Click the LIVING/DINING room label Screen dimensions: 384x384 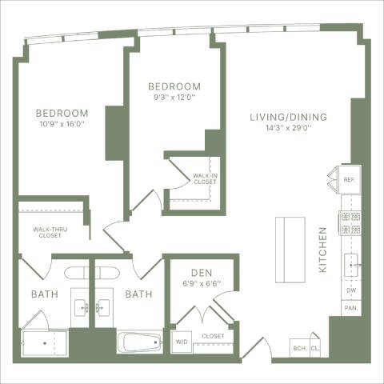click(287, 117)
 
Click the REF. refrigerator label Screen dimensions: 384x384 click(350, 181)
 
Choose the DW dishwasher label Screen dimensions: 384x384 click(350, 290)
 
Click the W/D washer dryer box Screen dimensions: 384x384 click(182, 345)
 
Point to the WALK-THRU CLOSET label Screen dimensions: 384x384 click(49, 233)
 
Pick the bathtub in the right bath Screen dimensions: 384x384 click(141, 342)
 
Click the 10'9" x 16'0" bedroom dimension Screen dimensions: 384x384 click(61, 125)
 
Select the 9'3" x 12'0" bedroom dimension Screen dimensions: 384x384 click(174, 98)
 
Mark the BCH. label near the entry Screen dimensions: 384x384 click(300, 348)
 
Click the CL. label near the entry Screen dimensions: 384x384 click(317, 348)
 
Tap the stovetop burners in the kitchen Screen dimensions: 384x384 click(350, 222)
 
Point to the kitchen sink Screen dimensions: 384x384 click(351, 263)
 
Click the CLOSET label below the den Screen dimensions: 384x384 click(213, 337)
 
